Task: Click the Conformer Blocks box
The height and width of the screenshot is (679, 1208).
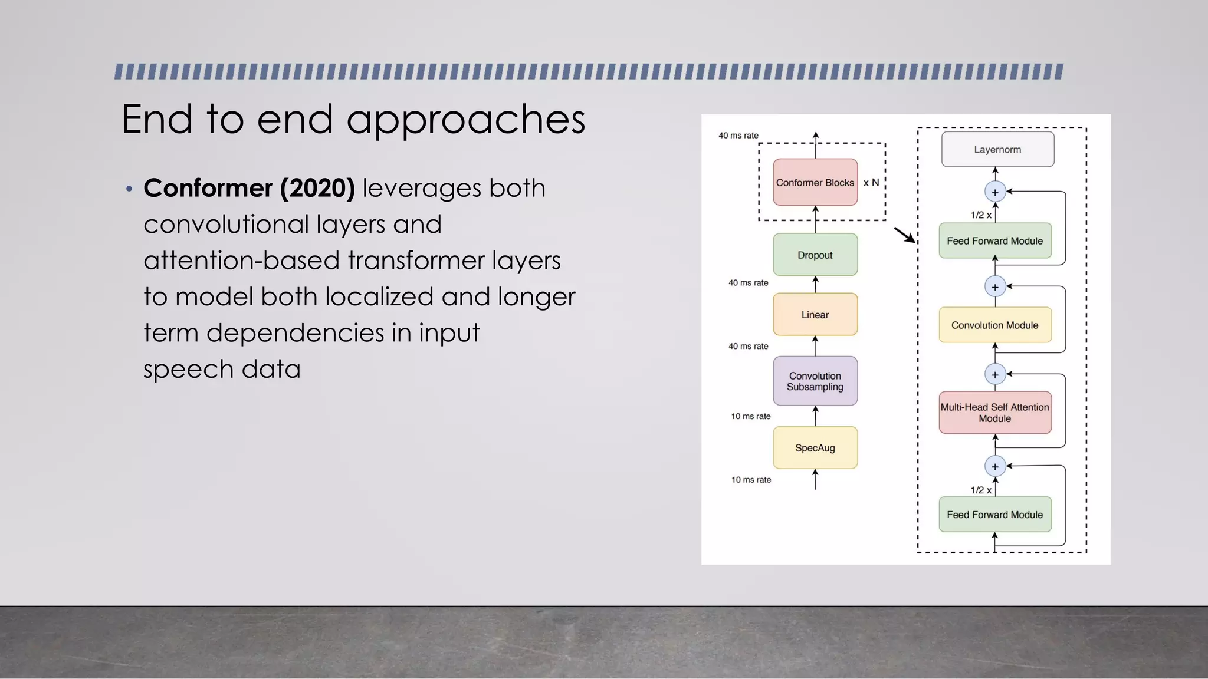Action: pos(815,182)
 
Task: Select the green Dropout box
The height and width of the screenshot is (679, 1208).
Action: pos(815,255)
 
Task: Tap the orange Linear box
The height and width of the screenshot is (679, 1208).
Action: pos(815,314)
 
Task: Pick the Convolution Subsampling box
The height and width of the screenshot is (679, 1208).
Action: pos(815,381)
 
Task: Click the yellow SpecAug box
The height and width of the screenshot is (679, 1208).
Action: pos(815,447)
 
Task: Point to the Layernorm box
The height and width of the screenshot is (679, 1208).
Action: pos(997,149)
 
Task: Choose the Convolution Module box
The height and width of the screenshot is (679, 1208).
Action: pos(995,325)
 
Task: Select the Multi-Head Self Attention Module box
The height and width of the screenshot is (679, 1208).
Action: pos(995,413)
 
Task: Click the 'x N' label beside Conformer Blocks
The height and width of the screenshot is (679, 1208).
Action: pos(871,183)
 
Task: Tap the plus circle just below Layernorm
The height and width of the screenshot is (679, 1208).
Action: pos(995,192)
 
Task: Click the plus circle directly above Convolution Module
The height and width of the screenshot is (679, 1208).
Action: pos(995,287)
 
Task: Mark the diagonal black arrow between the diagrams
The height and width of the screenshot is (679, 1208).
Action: pos(905,235)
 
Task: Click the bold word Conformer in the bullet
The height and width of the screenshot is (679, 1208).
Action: pos(208,188)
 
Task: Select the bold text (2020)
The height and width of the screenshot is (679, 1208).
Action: pos(318,188)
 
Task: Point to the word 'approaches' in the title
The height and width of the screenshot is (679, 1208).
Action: pos(465,120)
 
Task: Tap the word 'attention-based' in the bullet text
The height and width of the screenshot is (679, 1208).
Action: pos(242,261)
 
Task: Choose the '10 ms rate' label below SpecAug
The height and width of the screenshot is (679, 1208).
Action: pos(751,480)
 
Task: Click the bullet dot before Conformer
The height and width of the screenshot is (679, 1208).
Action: pos(129,189)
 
